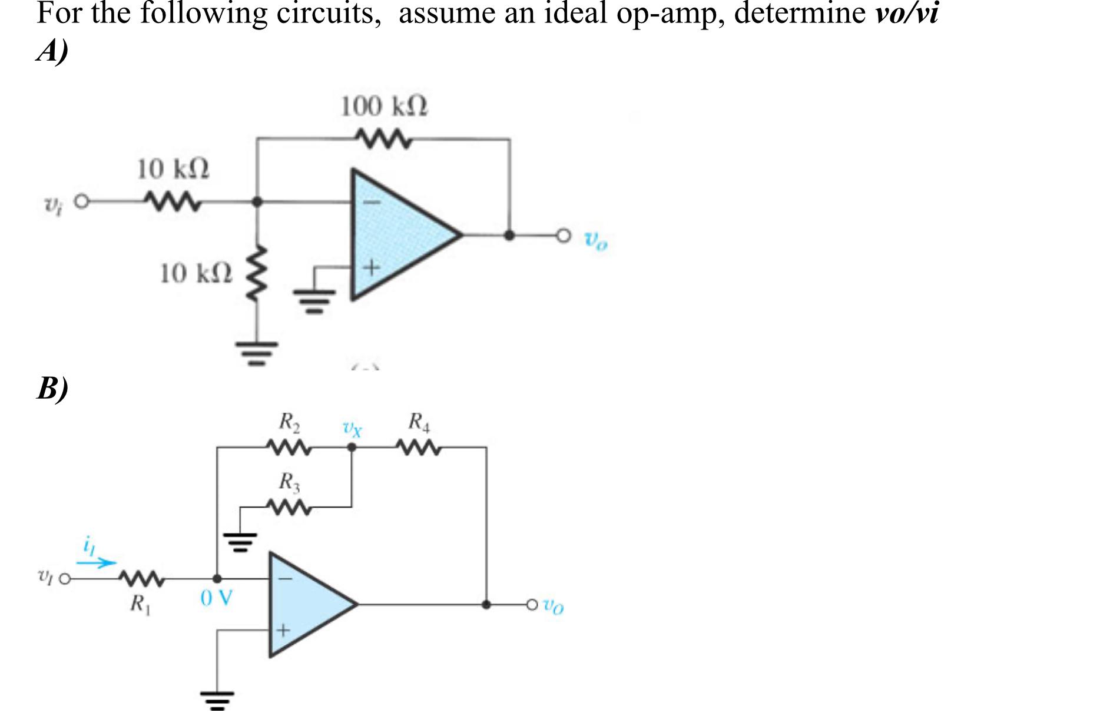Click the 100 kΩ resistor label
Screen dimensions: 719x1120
[385, 107]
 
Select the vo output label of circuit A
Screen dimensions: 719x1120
[595, 241]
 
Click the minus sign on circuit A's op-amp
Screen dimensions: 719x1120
[372, 203]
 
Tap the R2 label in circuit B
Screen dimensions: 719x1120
[289, 422]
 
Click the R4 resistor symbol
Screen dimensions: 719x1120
[418, 448]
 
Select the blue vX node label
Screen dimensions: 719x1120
[352, 428]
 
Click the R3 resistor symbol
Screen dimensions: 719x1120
[288, 507]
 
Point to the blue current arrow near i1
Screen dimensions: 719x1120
[97, 563]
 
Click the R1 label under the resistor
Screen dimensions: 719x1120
[140, 604]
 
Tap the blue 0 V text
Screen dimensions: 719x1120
[216, 599]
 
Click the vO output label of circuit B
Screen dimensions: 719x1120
[553, 605]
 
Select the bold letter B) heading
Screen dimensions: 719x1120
[52, 388]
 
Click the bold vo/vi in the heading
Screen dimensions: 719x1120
[906, 13]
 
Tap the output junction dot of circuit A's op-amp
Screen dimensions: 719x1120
[510, 236]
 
